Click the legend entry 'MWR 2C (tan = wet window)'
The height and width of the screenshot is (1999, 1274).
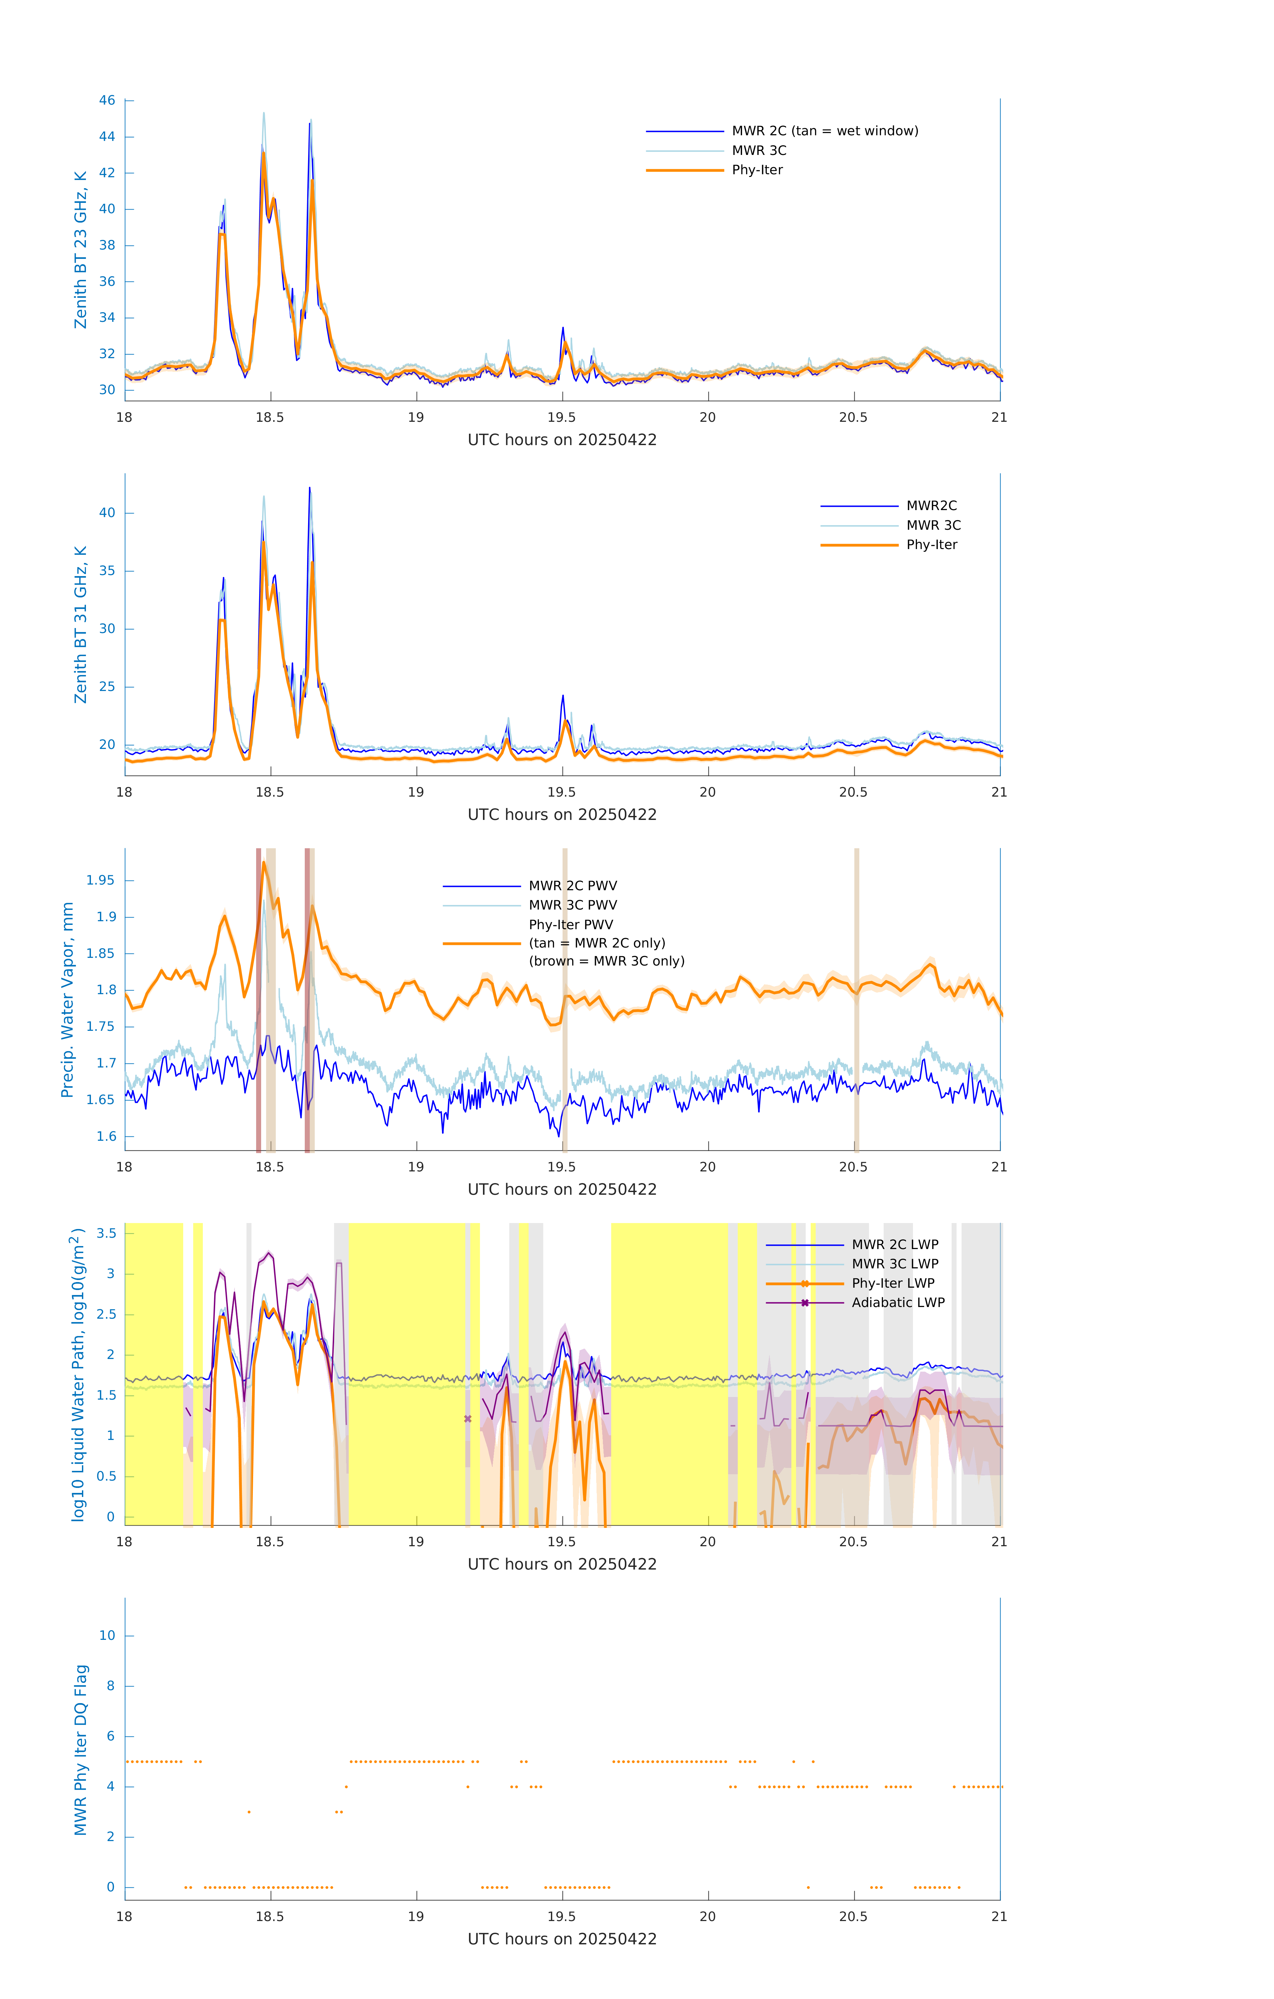click(x=824, y=131)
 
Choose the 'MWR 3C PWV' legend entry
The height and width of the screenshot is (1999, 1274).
click(x=573, y=905)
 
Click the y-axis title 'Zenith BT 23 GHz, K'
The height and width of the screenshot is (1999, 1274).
click(x=81, y=250)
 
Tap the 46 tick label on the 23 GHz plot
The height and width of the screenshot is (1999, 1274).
click(x=107, y=100)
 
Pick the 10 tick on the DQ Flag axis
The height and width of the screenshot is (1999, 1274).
click(x=107, y=1636)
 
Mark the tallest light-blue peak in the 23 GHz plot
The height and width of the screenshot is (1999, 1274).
click(x=264, y=114)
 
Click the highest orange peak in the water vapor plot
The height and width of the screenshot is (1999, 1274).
click(x=264, y=863)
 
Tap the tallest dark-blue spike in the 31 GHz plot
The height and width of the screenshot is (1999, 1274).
click(x=309, y=488)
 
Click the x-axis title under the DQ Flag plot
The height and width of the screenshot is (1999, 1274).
click(x=562, y=1939)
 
